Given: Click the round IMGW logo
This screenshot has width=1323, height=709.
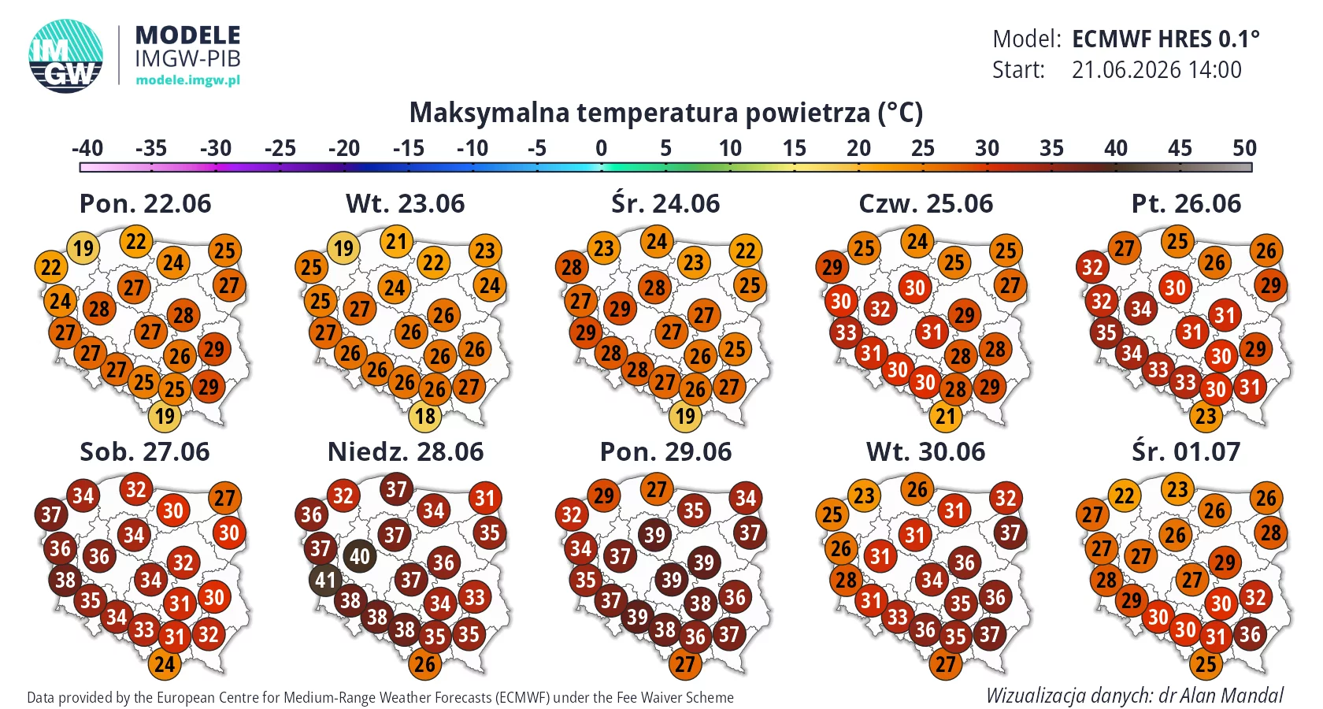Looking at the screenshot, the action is click(x=65, y=56).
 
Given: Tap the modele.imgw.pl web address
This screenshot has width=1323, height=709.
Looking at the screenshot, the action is click(x=187, y=80).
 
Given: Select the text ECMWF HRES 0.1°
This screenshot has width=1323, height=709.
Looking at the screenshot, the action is click(x=1165, y=39).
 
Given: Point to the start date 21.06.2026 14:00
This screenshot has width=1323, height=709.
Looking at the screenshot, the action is click(x=1156, y=69).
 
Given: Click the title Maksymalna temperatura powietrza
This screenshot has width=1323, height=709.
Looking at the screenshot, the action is click(x=665, y=112).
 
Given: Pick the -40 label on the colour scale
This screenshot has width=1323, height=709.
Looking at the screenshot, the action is click(x=87, y=148).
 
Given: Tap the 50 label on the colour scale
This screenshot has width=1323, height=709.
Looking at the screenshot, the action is click(x=1244, y=148).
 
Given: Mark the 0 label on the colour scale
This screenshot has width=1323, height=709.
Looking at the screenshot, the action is click(x=602, y=148).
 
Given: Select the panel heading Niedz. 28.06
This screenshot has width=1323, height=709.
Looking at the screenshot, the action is click(x=405, y=452).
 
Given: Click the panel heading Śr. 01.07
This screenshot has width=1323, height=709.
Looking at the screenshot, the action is click(x=1186, y=452).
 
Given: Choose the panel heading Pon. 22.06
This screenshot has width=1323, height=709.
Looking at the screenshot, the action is click(x=145, y=204).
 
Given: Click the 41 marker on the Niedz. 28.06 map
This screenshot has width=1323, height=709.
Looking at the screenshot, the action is click(x=325, y=580).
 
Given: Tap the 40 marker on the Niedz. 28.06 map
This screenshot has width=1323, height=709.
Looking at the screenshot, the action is click(x=360, y=556).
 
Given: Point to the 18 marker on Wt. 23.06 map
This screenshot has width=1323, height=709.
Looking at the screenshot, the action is click(x=425, y=416).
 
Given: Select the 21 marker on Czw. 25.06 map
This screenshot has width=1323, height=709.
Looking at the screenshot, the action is click(x=946, y=416).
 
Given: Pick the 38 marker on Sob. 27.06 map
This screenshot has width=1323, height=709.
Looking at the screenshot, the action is click(x=65, y=580).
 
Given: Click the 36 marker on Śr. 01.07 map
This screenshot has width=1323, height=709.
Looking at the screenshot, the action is click(x=1250, y=635).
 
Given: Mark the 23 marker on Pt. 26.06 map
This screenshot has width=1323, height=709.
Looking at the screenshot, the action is click(x=1206, y=416).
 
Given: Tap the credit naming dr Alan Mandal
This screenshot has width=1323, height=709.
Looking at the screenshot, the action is click(x=1135, y=696).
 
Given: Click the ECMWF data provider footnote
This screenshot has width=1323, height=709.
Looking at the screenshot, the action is click(x=380, y=698).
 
